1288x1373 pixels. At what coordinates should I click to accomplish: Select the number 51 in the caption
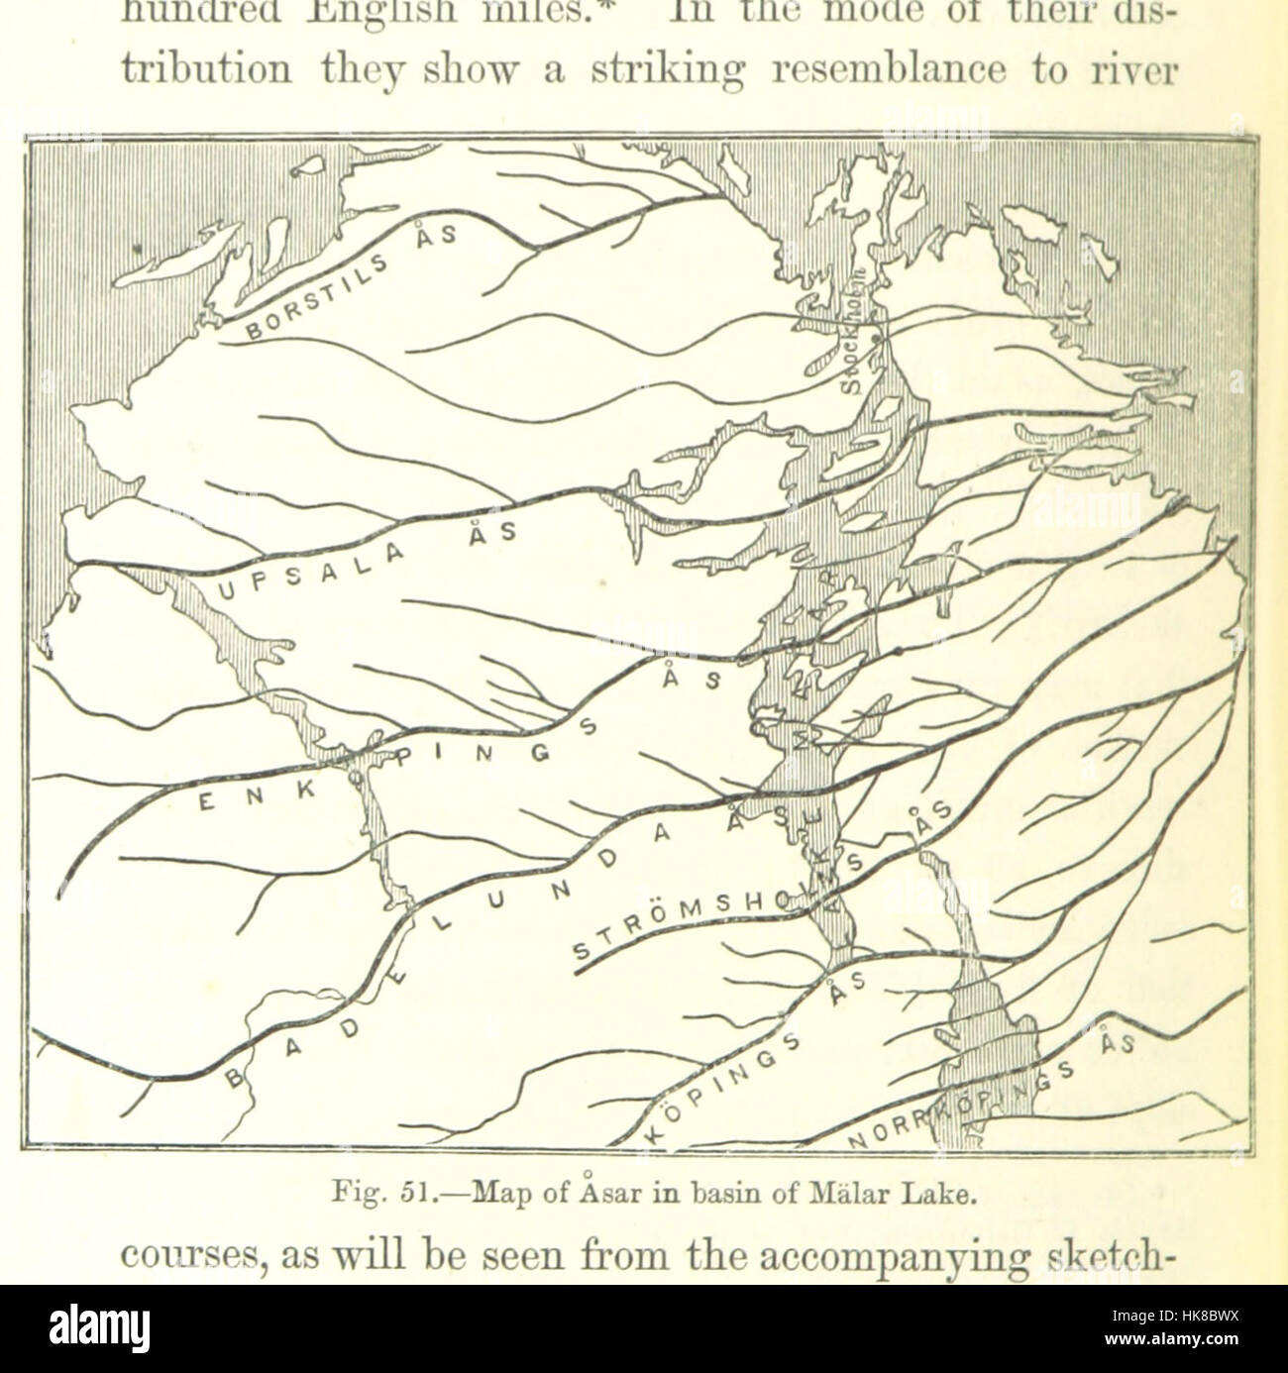406,1196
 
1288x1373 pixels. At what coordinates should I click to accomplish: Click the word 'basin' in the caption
724,1195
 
